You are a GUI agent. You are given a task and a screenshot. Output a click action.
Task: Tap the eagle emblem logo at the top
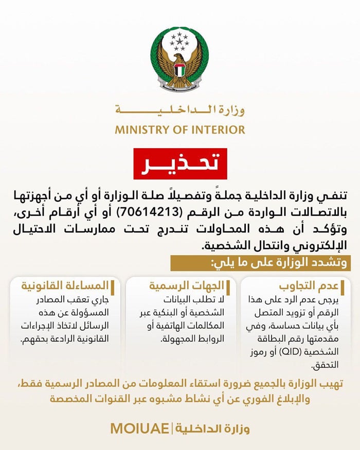tap(179, 59)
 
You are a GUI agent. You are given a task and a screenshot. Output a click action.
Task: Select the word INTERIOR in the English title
tap(219, 129)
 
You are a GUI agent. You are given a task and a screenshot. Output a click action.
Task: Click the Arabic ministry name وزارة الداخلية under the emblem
tap(180, 110)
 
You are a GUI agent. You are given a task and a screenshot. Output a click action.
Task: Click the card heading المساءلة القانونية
tap(64, 286)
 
